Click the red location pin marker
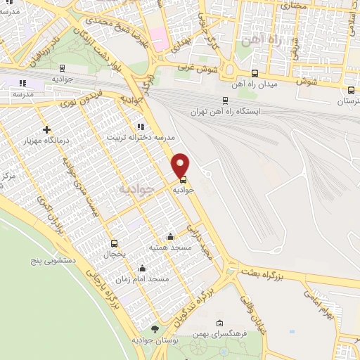(x=181, y=165)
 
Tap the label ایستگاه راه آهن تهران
(x=225, y=112)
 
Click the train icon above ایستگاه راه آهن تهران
(x=225, y=101)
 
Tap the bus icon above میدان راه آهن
(x=255, y=72)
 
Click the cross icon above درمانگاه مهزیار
(x=47, y=129)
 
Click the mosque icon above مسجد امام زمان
(x=143, y=268)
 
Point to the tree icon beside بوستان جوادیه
(x=155, y=329)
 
